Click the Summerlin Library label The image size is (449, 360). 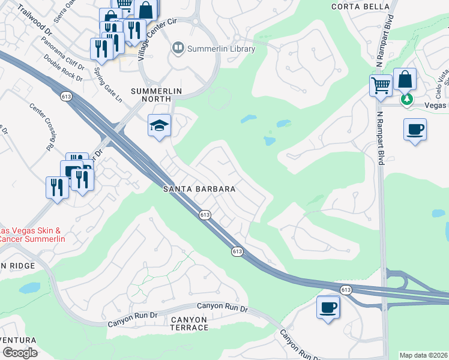[221, 49]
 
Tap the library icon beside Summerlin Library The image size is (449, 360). [178, 47]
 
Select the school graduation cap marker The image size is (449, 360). [160, 125]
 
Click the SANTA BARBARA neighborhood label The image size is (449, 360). [199, 188]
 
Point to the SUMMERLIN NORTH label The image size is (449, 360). [156, 91]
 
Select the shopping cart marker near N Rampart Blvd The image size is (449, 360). [381, 86]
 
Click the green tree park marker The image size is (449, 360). [408, 98]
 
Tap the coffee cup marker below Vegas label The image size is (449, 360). [415, 129]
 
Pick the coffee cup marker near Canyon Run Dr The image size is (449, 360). [328, 308]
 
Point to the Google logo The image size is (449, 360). [20, 353]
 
